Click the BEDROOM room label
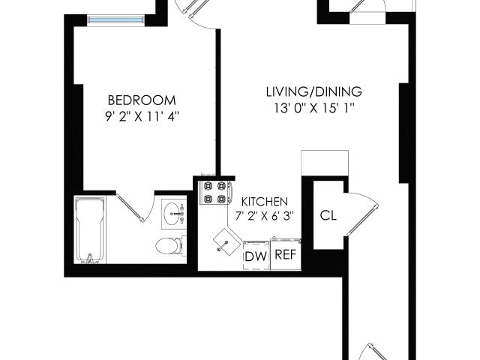tap(142, 100)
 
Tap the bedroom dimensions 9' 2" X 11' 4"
tap(142, 117)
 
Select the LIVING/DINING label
tap(314, 91)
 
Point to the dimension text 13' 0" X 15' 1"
tap(314, 108)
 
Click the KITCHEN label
tap(265, 202)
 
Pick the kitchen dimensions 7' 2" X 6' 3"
tap(265, 216)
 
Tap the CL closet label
tap(328, 215)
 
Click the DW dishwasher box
tap(256, 256)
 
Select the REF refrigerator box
tap(286, 254)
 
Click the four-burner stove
tap(215, 193)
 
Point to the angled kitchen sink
tap(226, 242)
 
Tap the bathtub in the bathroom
tap(90, 230)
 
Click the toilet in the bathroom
tap(169, 245)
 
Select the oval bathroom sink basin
tap(173, 212)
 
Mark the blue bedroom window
tap(116, 19)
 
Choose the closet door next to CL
tap(362, 214)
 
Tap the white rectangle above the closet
tap(325, 163)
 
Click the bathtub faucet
tap(90, 258)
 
